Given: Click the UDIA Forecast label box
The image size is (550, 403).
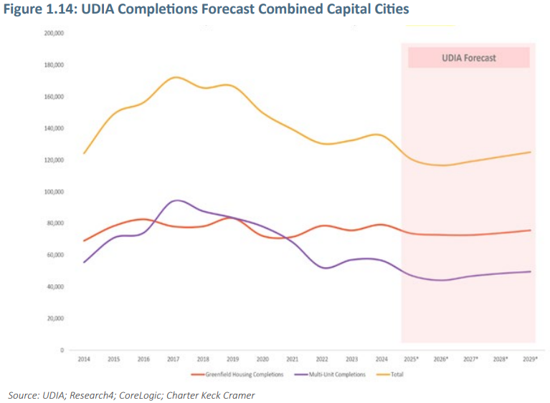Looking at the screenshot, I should coord(468,58).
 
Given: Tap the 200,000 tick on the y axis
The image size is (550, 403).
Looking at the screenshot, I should coord(54,34).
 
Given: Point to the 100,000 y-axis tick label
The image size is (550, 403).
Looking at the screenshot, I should coord(54,192).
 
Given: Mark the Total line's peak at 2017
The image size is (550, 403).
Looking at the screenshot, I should coord(175,77).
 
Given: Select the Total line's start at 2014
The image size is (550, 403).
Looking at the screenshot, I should coord(84,153).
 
